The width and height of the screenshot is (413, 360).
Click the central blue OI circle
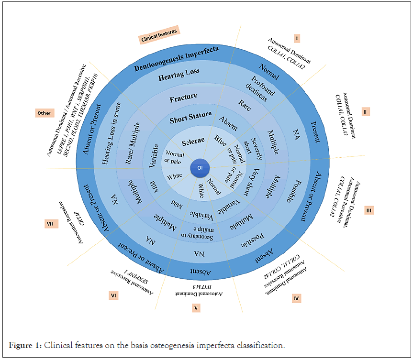tap(200, 168)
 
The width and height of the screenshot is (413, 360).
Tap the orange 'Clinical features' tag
tap(158, 35)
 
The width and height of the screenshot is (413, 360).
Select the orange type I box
tap(297, 38)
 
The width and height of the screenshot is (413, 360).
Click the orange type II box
tap(366, 111)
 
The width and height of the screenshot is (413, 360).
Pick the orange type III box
tap(368, 210)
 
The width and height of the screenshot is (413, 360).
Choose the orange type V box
tap(196, 308)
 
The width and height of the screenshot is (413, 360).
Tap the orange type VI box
tap(113, 296)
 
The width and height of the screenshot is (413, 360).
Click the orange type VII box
tap(49, 224)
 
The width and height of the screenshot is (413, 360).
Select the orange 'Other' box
tap(44, 113)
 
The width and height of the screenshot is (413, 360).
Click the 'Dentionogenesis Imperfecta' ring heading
tap(177, 57)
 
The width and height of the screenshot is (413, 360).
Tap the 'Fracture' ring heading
tap(183, 98)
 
